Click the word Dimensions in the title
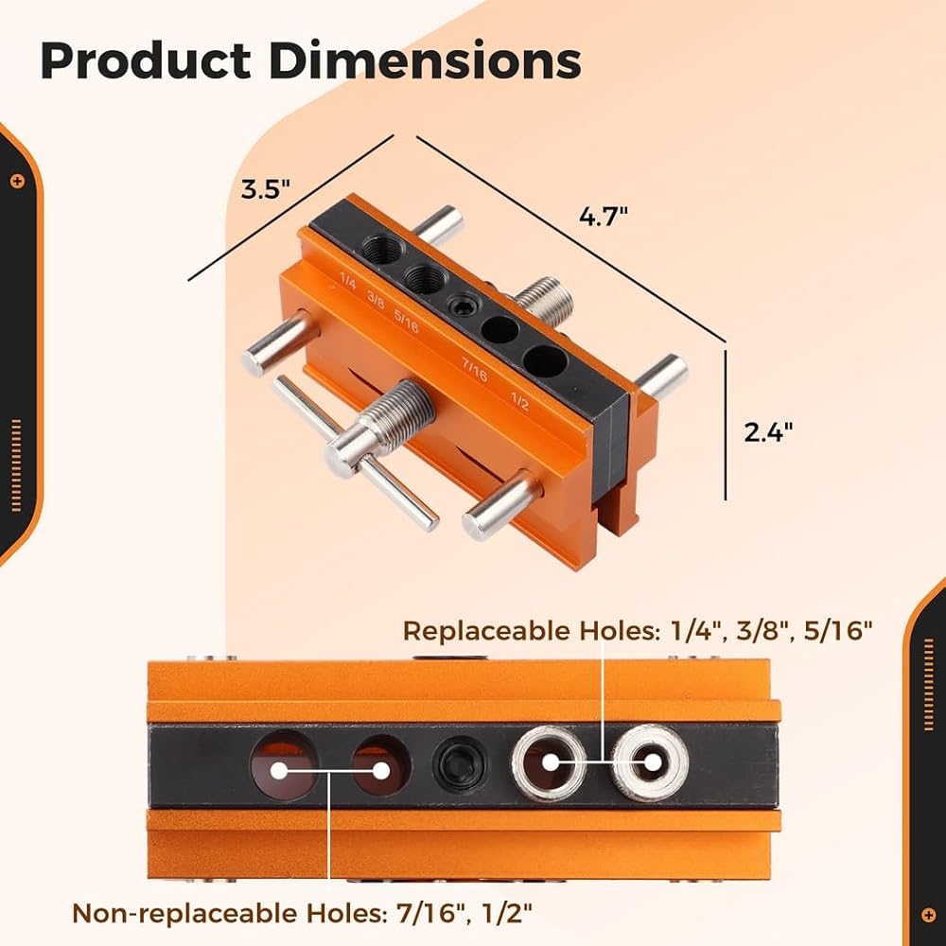click(425, 61)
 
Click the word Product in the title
click(146, 61)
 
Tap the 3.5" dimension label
click(266, 189)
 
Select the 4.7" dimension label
click(604, 216)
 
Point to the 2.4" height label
click(767, 432)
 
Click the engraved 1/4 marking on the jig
click(348, 281)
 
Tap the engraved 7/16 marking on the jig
click(474, 369)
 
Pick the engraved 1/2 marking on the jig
click(519, 400)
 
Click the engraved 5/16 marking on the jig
click(406, 321)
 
